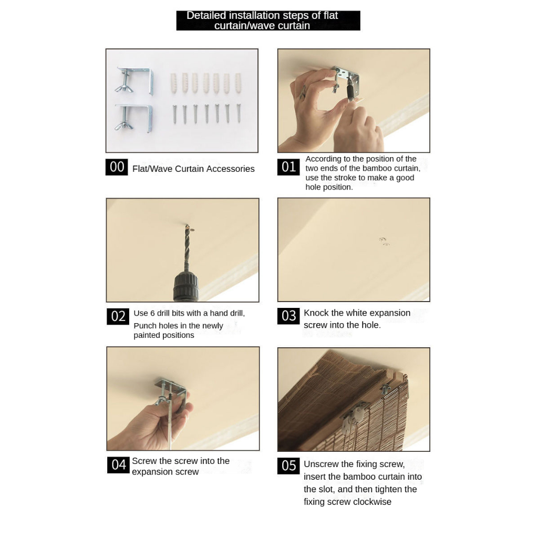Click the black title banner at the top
[x=268, y=20]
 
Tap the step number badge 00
[x=117, y=167]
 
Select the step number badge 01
[x=288, y=167]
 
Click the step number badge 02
[x=118, y=316]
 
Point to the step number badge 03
[x=288, y=316]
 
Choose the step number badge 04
[x=118, y=465]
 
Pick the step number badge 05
[x=288, y=466]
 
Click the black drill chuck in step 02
[x=186, y=286]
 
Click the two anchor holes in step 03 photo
[x=384, y=241]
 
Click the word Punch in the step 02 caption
[x=145, y=326]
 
